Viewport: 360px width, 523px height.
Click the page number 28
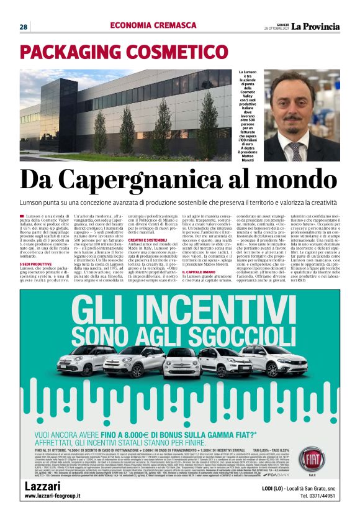[23, 27]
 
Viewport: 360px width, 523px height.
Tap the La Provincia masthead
[316, 26]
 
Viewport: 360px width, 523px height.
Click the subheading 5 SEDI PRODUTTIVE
[37, 264]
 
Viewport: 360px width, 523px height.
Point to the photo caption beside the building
[247, 116]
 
